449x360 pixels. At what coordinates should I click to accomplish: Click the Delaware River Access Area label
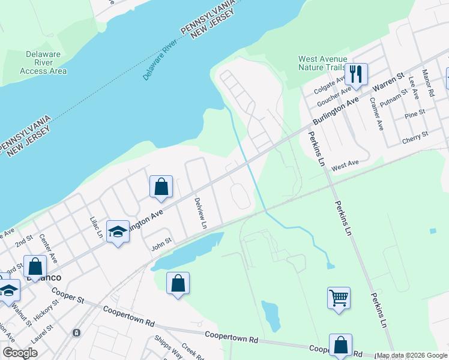coord(43,62)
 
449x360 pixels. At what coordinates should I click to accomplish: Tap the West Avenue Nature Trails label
coord(323,63)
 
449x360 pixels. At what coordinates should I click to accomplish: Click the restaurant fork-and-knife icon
coord(355,74)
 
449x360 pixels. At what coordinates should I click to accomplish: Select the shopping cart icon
coord(339,298)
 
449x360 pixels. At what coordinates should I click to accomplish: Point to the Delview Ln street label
coord(200,214)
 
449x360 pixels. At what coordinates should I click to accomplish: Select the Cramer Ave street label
coord(376,114)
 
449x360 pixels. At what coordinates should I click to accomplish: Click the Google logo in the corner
coord(20,353)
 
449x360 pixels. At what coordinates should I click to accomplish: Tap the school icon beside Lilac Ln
coord(118,232)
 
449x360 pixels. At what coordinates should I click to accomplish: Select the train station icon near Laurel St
coord(76,332)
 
